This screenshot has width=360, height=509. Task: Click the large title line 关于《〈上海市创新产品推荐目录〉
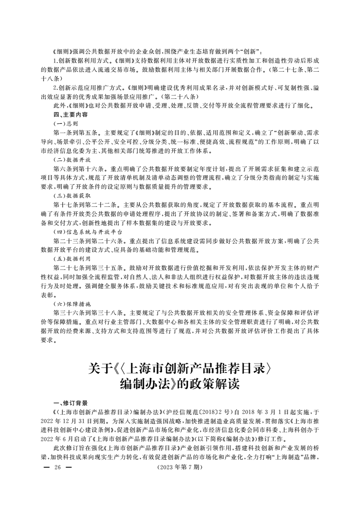(x=179, y=366)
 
